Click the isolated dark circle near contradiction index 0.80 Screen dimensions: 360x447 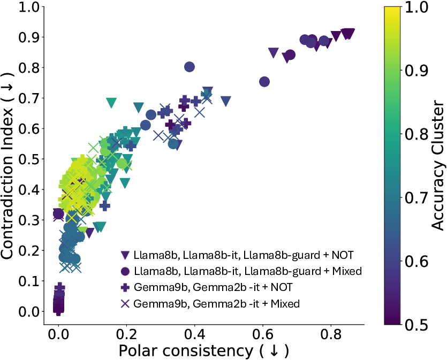(189, 67)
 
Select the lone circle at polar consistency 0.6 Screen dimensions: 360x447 (264, 81)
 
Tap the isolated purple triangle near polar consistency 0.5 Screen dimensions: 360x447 (226, 101)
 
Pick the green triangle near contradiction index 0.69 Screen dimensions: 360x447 (111, 102)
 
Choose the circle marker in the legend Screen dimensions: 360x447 (126, 271)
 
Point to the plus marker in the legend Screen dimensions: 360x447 (126, 287)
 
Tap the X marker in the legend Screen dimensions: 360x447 (126, 303)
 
